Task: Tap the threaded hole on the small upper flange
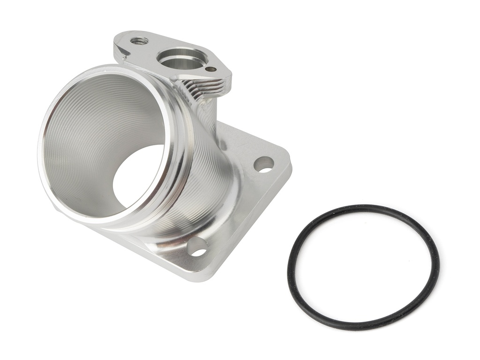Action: (x=139, y=41)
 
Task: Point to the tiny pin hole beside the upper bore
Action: (x=211, y=69)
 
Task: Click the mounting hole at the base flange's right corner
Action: (x=263, y=164)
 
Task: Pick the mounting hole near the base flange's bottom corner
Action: (x=197, y=247)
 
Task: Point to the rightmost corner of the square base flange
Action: (x=290, y=162)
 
